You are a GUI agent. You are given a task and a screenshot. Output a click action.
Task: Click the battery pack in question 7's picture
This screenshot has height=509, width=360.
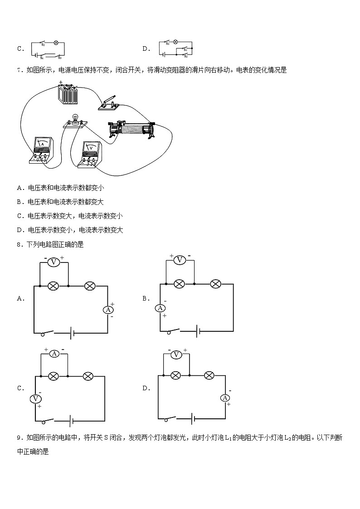coord(68,96)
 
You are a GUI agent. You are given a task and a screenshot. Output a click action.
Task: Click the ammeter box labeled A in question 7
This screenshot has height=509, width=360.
coord(42,149)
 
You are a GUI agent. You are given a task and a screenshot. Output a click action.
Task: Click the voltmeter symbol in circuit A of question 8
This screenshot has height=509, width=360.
coord(54,262)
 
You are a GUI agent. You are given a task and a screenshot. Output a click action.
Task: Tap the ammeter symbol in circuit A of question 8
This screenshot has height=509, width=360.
coord(108,310)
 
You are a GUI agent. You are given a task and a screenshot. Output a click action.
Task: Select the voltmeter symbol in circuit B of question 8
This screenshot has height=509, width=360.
coord(180,260)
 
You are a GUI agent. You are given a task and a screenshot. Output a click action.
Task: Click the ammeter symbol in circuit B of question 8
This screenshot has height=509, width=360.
coord(160,308)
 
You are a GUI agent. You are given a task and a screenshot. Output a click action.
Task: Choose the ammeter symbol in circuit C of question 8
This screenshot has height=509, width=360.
coord(54,354)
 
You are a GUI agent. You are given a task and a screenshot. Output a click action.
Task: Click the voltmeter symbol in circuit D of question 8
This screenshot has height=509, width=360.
coord(175,354)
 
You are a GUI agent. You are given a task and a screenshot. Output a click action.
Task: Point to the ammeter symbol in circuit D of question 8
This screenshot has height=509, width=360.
coord(225,398)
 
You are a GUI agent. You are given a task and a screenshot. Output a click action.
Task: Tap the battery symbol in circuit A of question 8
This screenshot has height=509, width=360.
coord(71,334)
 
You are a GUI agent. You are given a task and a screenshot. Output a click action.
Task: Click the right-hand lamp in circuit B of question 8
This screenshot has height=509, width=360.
coord(216,284)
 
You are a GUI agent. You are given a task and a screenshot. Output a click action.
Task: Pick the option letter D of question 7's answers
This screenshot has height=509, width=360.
coord(19,230)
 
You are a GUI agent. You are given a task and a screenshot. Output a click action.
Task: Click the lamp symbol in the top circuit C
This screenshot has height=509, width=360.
coord(56,43)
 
